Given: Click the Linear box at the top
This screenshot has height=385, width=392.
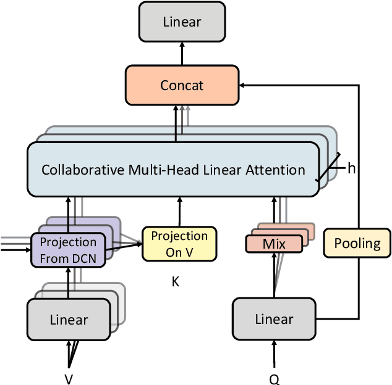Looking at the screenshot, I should point(182,22).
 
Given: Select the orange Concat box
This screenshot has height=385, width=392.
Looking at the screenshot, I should point(182,85).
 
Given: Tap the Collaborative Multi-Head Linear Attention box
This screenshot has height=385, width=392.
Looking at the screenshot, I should point(173,169).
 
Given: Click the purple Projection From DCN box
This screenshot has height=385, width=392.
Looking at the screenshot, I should point(68,250).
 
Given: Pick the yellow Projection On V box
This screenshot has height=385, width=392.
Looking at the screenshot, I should point(179,244).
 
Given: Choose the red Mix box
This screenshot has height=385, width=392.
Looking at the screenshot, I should point(274,244).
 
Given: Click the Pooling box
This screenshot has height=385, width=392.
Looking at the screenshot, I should point(357,243).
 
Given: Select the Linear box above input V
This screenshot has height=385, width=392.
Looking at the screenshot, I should point(68,320).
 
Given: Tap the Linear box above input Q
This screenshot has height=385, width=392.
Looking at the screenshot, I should point(274,318).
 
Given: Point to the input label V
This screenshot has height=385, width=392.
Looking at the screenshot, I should point(69,379).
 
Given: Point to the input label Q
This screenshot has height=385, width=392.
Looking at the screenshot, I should point(274,379).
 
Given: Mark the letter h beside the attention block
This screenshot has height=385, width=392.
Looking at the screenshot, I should point(351,168).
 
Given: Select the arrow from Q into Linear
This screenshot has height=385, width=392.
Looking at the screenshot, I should point(274,355).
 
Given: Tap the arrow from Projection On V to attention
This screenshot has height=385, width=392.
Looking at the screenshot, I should point(179,212).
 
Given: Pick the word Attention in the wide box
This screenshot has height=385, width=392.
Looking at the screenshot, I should point(275,169).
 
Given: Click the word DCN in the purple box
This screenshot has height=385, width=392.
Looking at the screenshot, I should point(84,259).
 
